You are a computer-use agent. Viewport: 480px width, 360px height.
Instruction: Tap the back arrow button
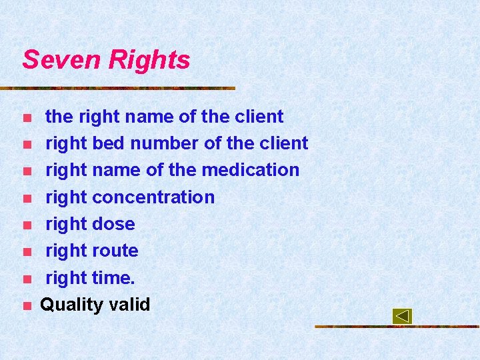tap(402, 316)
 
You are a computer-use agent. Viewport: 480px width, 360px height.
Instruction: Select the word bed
tap(109, 143)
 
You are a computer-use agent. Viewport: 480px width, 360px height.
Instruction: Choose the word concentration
tap(153, 197)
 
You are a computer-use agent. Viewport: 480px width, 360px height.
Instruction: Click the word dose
tap(113, 224)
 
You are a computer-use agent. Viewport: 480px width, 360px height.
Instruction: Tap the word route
tap(115, 251)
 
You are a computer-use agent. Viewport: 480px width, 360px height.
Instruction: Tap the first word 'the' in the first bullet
tap(59, 117)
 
